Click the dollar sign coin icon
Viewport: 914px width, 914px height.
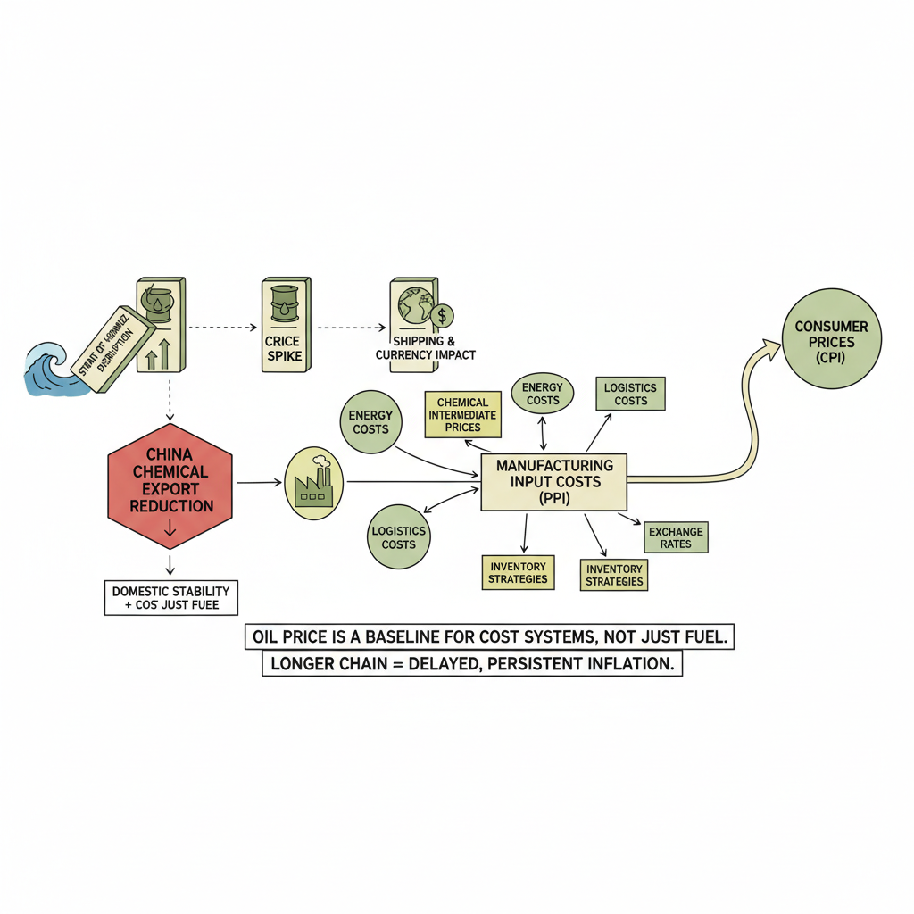441,315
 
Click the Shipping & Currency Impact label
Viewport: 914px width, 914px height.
426,348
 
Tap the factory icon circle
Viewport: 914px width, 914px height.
313,483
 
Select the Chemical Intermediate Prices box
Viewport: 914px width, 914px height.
463,414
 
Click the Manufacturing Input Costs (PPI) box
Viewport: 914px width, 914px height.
553,482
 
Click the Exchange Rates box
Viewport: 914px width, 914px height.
676,537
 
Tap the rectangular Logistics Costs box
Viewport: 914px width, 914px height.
630,394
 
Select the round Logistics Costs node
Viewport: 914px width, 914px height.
398,537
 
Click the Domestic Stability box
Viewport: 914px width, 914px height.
171,598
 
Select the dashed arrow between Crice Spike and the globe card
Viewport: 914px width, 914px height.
353,327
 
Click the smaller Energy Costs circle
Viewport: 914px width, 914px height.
542,394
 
